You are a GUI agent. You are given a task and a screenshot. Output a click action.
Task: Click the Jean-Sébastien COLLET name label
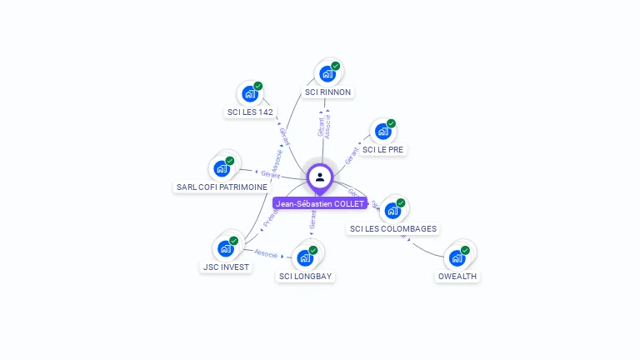click(320, 204)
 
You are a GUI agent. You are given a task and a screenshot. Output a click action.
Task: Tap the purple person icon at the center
click(320, 177)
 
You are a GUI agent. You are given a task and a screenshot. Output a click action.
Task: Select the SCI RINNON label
click(327, 92)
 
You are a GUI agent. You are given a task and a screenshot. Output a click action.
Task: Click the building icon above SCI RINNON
click(327, 73)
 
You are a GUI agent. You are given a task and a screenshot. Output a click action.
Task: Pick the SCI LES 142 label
click(250, 112)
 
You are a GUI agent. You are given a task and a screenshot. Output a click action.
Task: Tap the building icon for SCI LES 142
click(249, 93)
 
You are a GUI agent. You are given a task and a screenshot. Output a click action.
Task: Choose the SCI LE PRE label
click(384, 150)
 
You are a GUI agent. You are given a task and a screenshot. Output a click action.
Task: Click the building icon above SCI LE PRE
click(382, 131)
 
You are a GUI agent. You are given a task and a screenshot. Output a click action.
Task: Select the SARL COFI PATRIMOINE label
click(222, 187)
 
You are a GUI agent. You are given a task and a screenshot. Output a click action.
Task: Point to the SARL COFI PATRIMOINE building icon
click(222, 168)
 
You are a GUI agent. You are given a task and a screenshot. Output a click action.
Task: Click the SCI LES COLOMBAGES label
click(392, 229)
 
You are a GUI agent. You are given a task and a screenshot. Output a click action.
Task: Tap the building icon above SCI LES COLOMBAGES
click(392, 210)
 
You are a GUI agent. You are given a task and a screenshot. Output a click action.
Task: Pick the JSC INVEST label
click(226, 267)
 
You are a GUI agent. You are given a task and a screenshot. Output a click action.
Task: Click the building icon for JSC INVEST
click(225, 248)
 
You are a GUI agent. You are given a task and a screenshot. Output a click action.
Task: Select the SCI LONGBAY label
click(306, 277)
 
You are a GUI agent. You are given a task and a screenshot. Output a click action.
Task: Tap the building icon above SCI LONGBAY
click(305, 257)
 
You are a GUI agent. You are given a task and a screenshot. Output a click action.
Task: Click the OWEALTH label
click(458, 277)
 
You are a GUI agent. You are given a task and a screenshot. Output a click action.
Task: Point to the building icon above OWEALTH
click(457, 257)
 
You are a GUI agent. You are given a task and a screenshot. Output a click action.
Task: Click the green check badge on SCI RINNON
click(335, 66)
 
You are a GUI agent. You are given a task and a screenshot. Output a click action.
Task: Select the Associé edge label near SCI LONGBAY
click(266, 253)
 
